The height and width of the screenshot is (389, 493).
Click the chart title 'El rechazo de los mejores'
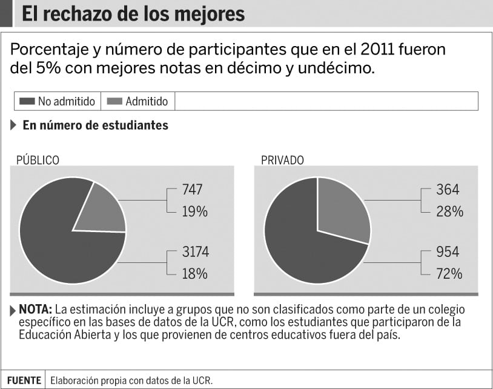133,14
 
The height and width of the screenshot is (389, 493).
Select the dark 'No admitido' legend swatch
27,101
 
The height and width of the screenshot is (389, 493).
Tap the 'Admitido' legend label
147,101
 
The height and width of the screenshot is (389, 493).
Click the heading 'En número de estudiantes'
95,125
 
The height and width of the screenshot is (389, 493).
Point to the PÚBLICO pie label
38,160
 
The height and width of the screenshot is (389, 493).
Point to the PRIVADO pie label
282,160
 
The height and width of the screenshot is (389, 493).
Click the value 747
193,190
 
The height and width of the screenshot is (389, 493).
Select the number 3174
196,251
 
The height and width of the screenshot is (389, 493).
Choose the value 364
448,190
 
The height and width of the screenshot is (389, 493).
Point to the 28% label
449,211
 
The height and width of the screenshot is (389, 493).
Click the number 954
448,251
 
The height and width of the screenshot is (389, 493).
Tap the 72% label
449,274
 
